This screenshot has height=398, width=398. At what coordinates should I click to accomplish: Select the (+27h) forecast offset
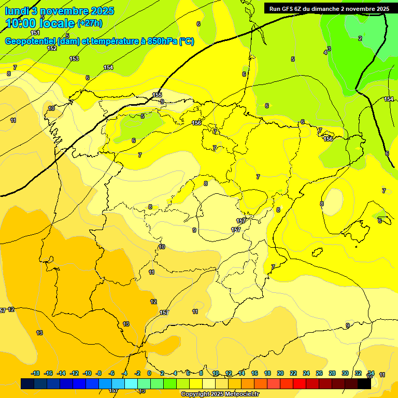[90, 23]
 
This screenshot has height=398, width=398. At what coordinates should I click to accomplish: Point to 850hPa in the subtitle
[162, 41]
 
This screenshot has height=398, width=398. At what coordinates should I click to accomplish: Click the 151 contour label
[35, 33]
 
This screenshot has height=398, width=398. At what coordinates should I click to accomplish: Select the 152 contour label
[52, 48]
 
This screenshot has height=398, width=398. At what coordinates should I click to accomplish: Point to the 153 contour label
[74, 59]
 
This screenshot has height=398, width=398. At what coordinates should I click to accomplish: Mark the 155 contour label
[158, 95]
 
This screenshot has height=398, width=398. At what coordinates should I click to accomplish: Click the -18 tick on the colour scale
[35, 373]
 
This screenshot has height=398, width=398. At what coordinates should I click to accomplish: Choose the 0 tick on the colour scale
[149, 373]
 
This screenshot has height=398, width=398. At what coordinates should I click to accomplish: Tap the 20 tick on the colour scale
[280, 373]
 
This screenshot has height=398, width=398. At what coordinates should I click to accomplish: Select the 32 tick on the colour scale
[358, 373]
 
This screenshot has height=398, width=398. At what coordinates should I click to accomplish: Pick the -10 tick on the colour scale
[87, 373]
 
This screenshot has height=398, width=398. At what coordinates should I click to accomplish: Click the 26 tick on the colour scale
[319, 373]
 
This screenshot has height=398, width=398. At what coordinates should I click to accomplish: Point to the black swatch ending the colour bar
[364, 384]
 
